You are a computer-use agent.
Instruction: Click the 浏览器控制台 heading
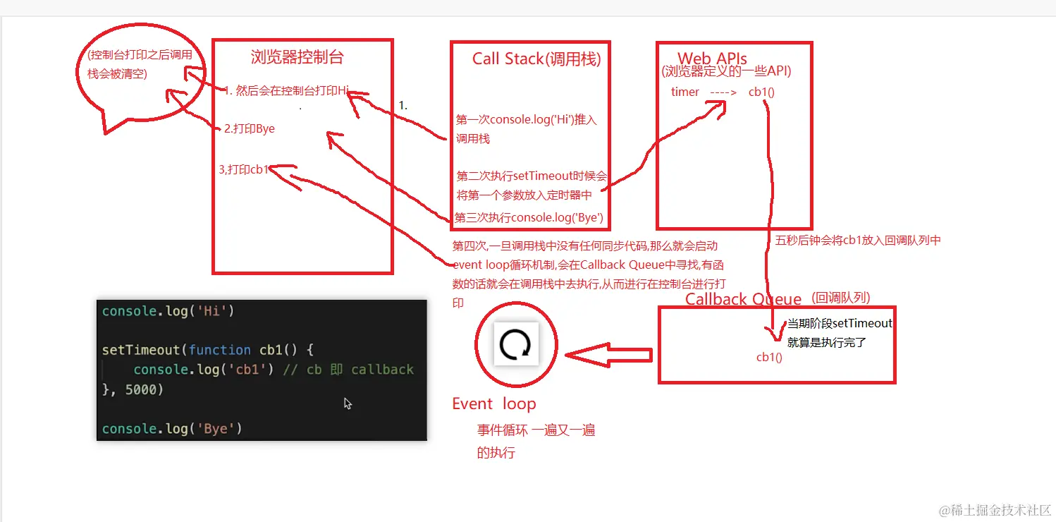297,58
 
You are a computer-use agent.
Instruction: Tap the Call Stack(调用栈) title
536,59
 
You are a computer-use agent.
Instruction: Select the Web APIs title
712,58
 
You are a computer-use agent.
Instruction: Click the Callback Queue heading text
743,299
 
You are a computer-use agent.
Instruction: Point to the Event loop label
493,404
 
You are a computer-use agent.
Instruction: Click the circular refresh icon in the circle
515,345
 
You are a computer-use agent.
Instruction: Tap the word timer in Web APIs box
685,92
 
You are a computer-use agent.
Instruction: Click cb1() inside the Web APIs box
762,92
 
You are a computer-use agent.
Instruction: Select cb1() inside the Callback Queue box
770,357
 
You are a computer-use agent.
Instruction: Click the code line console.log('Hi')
168,311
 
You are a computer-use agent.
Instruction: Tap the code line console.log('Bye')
172,428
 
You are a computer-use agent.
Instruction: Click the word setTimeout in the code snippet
141,350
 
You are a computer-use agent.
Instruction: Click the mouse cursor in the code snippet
348,403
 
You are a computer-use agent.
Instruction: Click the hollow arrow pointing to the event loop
608,356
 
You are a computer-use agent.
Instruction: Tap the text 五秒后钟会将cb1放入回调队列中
858,241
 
